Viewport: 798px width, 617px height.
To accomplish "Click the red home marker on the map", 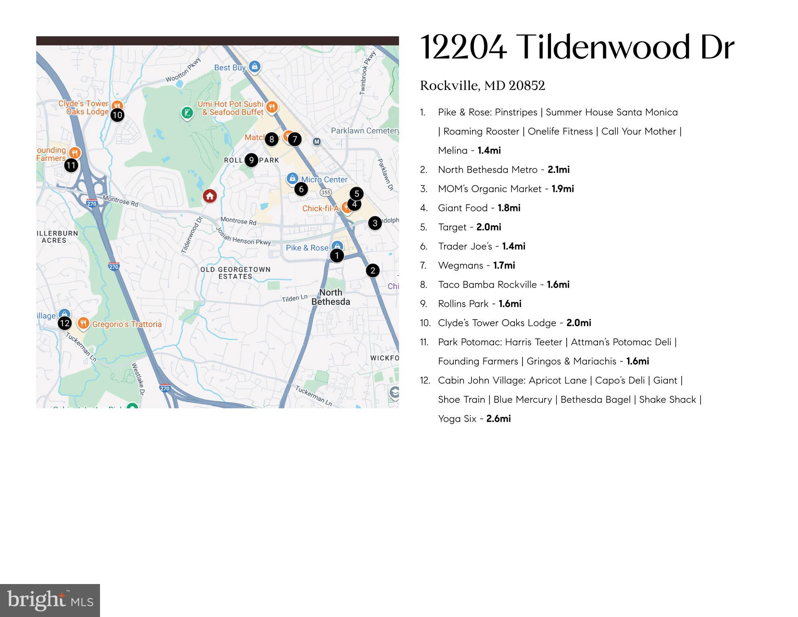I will [210, 196].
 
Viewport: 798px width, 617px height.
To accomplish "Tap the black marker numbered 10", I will [117, 115].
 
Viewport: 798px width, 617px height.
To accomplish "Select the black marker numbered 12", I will [65, 323].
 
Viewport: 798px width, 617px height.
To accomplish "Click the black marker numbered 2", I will [373, 271].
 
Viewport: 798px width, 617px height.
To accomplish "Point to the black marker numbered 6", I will [301, 189].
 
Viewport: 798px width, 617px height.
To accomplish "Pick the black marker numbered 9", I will [251, 160].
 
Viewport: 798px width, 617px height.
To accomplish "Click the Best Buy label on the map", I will [229, 68].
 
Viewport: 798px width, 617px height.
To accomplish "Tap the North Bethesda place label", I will [331, 297].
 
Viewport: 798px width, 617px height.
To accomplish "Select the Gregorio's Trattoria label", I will [127, 324].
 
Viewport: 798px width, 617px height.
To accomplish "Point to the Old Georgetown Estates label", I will [235, 273].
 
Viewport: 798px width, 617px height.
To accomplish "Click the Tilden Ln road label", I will [294, 299].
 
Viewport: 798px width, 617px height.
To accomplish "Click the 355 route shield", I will [325, 193].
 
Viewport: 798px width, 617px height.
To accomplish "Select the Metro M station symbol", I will [317, 141].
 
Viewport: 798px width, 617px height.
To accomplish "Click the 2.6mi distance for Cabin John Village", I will [498, 419].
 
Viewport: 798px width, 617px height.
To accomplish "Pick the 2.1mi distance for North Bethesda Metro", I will [558, 170].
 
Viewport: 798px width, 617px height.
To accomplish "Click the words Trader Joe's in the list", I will [465, 246].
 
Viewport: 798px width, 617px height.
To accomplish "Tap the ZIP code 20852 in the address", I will [527, 86].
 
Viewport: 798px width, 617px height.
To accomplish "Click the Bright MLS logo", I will [50, 601].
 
